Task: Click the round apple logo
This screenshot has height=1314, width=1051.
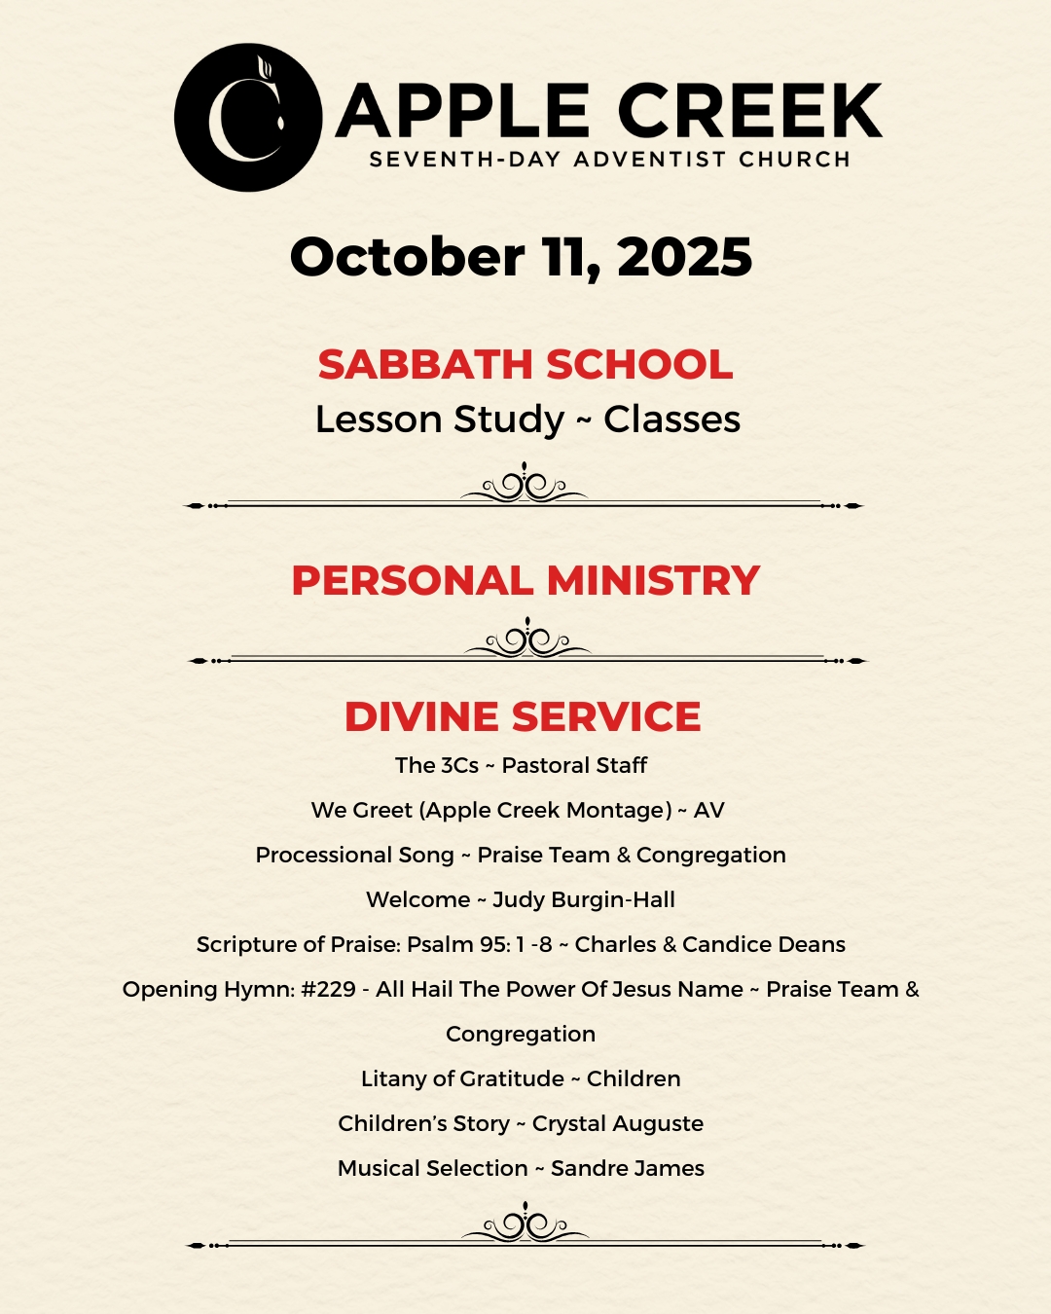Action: coord(248,117)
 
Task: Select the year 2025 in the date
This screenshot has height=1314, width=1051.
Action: coord(684,258)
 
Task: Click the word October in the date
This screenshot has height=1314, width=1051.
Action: coord(407,258)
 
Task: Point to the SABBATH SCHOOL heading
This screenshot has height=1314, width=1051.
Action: coord(525,365)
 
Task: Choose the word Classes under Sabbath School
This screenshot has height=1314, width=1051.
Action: coord(671,420)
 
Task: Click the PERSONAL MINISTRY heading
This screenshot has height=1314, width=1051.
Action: coord(525,581)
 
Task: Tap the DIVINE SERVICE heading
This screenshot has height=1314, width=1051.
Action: coord(523,717)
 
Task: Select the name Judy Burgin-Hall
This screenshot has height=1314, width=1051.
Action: coord(584,899)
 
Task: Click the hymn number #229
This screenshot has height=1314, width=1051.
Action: coord(329,989)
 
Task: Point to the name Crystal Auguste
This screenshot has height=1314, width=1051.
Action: coord(618,1123)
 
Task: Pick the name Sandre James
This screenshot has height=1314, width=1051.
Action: coord(628,1168)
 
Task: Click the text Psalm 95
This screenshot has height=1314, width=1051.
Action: coord(458,944)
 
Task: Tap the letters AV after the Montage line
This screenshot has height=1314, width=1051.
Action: coord(709,810)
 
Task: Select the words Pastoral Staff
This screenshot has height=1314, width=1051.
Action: coord(574,765)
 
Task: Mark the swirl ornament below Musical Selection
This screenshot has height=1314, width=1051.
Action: coord(525,1224)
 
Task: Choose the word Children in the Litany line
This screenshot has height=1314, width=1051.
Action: coord(634,1078)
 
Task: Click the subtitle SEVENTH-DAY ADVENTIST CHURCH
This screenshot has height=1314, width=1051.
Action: coord(610,160)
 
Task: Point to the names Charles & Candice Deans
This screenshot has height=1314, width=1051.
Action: coord(710,944)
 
